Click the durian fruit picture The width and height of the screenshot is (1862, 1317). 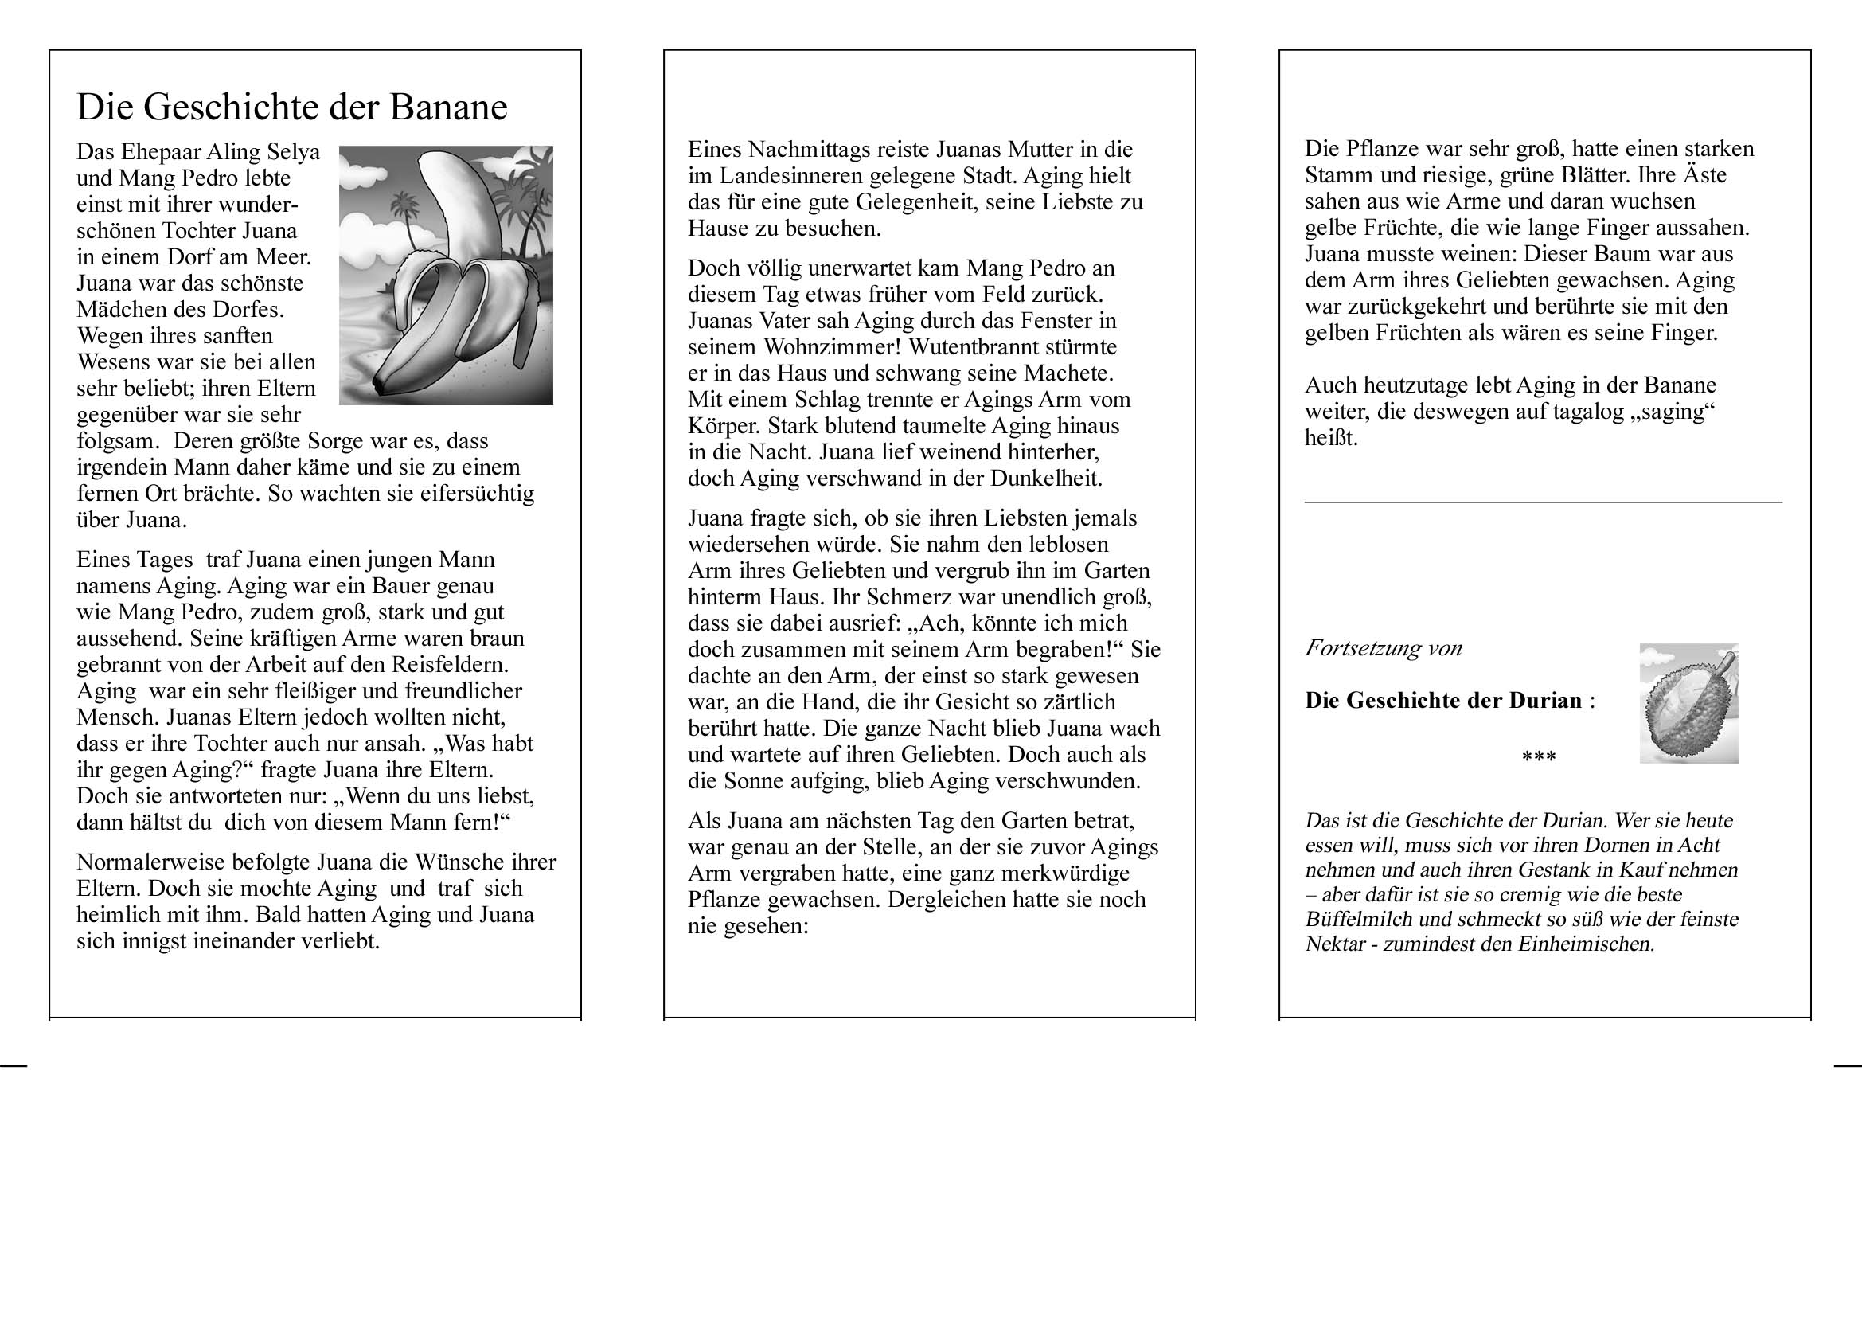pos(1688,704)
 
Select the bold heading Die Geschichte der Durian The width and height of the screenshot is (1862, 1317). pos(1442,701)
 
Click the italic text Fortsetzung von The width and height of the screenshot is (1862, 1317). pos(1383,648)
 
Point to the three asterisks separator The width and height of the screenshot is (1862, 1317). pos(1539,757)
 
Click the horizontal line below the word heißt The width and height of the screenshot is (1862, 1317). pos(1543,502)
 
